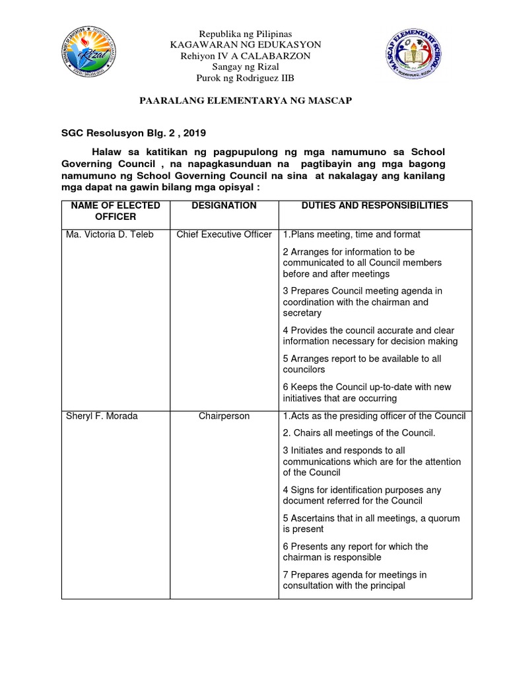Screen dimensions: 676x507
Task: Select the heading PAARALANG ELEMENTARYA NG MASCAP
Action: pos(245,100)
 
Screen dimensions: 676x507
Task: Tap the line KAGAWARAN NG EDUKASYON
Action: pos(246,44)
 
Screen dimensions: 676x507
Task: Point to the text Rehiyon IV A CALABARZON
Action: pos(246,55)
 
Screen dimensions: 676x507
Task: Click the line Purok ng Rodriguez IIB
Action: pos(246,78)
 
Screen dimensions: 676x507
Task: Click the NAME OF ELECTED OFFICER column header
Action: pos(116,211)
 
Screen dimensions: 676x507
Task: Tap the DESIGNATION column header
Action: pos(224,205)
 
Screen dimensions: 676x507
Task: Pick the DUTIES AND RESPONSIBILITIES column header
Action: pos(374,205)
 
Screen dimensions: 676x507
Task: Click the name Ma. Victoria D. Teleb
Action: pos(110,234)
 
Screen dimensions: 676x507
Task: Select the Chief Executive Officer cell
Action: pos(224,234)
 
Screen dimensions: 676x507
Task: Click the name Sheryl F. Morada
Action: pos(102,416)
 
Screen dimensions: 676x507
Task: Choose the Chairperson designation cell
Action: pos(224,416)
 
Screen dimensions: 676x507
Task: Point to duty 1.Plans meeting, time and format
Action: pos(351,234)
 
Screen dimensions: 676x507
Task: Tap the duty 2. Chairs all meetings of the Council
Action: pos(359,433)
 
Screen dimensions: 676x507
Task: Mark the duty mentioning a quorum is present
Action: pos(371,524)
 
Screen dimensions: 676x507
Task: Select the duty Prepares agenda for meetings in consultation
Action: pos(355,580)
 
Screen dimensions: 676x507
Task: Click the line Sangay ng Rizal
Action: pos(246,67)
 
